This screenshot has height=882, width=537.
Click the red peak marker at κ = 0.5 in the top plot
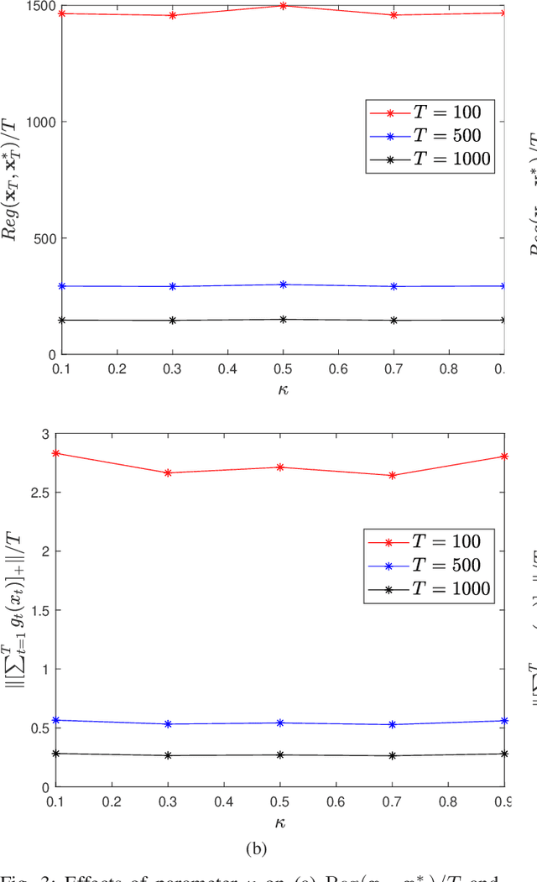point(284,6)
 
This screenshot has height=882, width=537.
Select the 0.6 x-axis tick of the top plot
point(338,368)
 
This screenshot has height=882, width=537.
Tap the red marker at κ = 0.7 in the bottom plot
point(394,476)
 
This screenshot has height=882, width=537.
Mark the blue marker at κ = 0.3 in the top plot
point(173,286)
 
